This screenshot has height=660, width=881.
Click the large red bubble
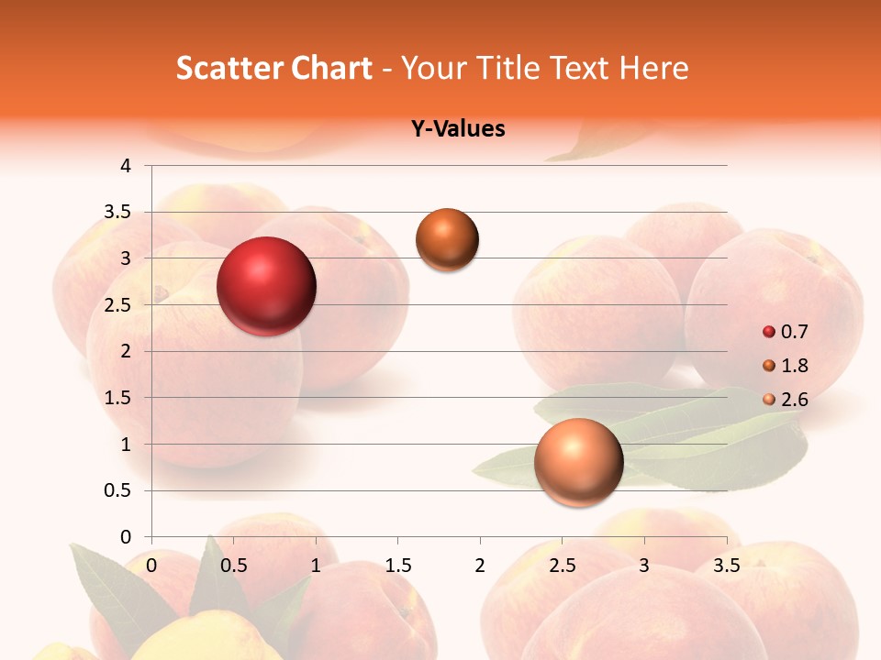266,286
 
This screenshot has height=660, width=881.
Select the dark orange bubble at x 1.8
447,240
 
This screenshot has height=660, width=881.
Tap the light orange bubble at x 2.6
578,462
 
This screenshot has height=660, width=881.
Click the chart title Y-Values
457,129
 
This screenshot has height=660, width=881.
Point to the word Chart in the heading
331,68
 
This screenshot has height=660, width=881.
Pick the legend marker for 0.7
769,332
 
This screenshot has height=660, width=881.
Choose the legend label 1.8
795,366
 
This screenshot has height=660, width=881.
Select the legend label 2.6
795,400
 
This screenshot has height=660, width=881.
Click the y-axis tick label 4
126,166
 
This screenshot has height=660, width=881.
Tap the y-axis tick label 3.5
117,213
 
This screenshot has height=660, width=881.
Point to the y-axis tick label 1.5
117,398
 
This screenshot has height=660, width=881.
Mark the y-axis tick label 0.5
117,491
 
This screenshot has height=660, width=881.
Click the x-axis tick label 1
316,565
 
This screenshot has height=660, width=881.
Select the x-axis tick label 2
480,565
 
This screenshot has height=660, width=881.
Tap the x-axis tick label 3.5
726,565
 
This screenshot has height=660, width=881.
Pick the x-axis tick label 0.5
234,565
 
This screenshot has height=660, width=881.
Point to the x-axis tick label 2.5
562,565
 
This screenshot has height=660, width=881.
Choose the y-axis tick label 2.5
117,305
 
